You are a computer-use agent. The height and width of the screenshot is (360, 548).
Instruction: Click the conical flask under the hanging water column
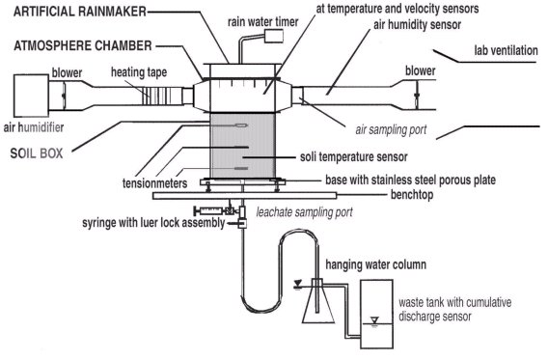[315, 307]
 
